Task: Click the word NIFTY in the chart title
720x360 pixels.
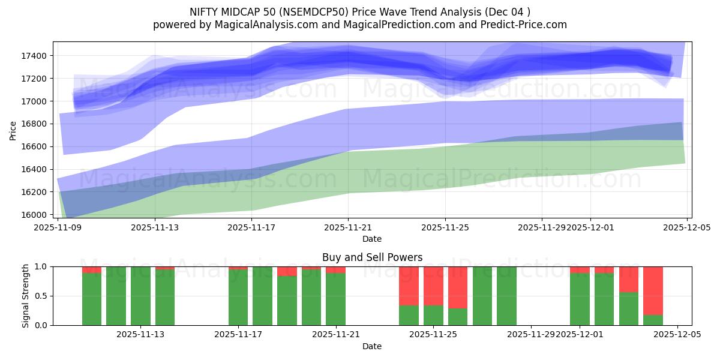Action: (203, 12)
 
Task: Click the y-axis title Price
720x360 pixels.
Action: (13, 130)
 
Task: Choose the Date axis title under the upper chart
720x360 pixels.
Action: (372, 239)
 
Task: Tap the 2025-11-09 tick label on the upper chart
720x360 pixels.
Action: (58, 227)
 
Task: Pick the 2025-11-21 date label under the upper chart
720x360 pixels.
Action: (348, 227)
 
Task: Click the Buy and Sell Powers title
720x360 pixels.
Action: (372, 257)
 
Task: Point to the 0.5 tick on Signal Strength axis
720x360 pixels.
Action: (43, 296)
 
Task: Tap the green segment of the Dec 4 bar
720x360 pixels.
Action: (653, 320)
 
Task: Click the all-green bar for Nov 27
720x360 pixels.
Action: (482, 296)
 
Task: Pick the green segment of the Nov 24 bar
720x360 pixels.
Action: (409, 315)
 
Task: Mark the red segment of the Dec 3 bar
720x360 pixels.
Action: (628, 279)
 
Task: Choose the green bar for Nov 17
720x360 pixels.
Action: (238, 297)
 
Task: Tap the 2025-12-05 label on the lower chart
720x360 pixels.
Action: (677, 334)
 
